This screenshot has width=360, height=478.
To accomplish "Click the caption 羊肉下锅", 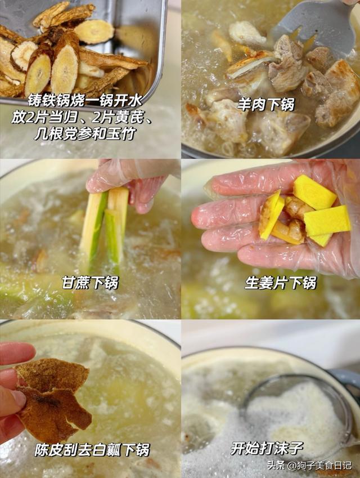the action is coord(266,105).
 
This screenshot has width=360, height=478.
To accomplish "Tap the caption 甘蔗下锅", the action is coord(90,282).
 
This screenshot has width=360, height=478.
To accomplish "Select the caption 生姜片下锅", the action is coord(281,282).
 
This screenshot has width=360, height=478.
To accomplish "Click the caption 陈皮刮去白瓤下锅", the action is coord(92,450).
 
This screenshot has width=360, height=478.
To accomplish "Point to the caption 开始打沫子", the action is coord(267,448).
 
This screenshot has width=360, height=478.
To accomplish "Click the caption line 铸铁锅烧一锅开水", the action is coord(85,101).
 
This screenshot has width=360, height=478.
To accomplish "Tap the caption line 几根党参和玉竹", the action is coord(85,133).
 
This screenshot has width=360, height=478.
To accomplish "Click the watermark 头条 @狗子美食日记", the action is coord(309,466).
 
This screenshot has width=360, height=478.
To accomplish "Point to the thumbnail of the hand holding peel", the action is coord(90,399).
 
